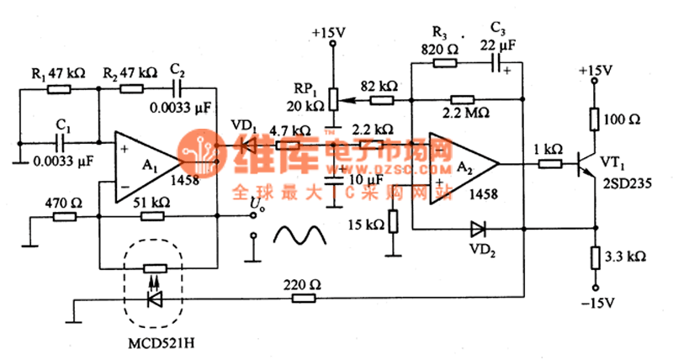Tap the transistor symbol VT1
click(x=586, y=164)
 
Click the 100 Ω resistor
click(x=595, y=117)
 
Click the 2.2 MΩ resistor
click(x=464, y=98)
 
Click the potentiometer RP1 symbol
click(x=331, y=98)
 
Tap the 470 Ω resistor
click(x=65, y=216)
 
